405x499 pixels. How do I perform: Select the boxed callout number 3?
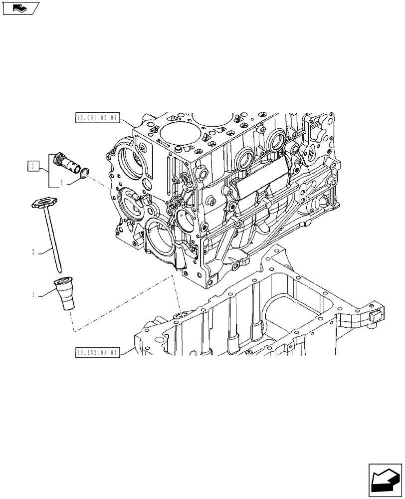coord(32,166)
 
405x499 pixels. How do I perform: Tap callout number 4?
coord(62,183)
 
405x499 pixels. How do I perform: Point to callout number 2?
coord(33,252)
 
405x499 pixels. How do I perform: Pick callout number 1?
coord(33,295)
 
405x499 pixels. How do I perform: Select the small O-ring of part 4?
coord(85,172)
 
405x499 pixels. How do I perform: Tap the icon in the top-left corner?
coord(20,8)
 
